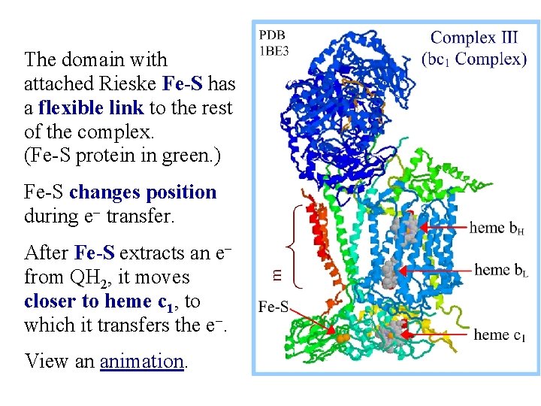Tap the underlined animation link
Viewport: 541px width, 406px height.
click(x=142, y=362)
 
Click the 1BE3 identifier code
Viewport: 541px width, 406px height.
click(x=274, y=50)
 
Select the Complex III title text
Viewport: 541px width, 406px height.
click(x=473, y=38)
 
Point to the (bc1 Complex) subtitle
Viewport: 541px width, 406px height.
click(x=473, y=59)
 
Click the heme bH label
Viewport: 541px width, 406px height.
click(x=497, y=227)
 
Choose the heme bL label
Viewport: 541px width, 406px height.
click(x=501, y=270)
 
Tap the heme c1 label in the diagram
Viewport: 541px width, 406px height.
click(x=500, y=335)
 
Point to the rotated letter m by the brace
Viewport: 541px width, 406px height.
click(x=277, y=276)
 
